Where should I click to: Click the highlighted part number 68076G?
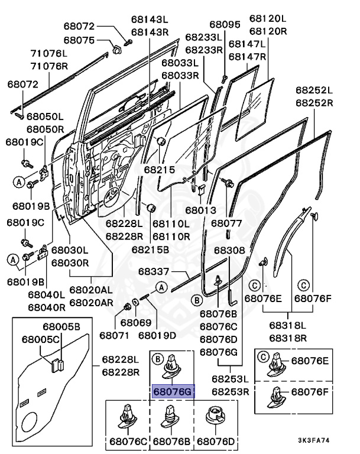click(172, 391)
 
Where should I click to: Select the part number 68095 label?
click(225, 24)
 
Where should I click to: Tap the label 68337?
click(154, 271)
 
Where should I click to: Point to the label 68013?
click(201, 210)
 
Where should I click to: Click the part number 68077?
click(226, 223)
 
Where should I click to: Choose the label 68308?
click(230, 250)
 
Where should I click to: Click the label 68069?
click(136, 322)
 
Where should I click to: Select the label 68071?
click(115, 335)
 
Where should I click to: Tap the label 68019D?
click(157, 335)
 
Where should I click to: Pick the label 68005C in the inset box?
click(41, 340)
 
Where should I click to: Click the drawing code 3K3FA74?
click(314, 440)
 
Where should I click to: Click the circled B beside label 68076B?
click(197, 300)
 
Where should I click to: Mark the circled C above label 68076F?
click(303, 286)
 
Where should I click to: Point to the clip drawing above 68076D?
click(215, 416)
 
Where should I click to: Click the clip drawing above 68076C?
click(128, 417)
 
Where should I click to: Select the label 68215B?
click(150, 249)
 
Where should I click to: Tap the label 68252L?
click(314, 90)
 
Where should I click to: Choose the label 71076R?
click(49, 66)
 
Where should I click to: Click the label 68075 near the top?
click(79, 40)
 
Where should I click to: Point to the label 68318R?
click(288, 338)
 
